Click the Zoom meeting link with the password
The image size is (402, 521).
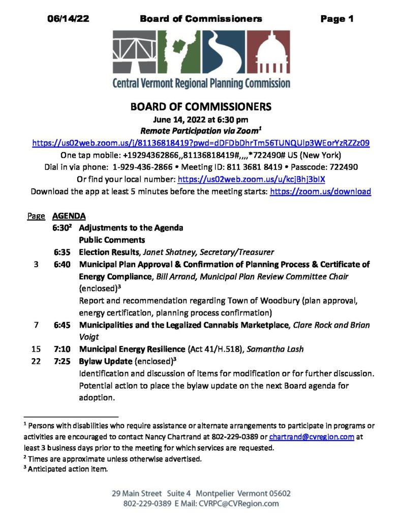click(201, 143)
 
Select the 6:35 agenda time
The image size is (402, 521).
click(63, 252)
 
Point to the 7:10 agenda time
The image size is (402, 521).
click(63, 349)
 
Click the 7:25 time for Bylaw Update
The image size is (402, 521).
click(63, 361)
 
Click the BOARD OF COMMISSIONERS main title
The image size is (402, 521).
click(201, 107)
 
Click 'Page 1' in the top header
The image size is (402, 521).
click(336, 19)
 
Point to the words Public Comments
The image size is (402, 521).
click(112, 240)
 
